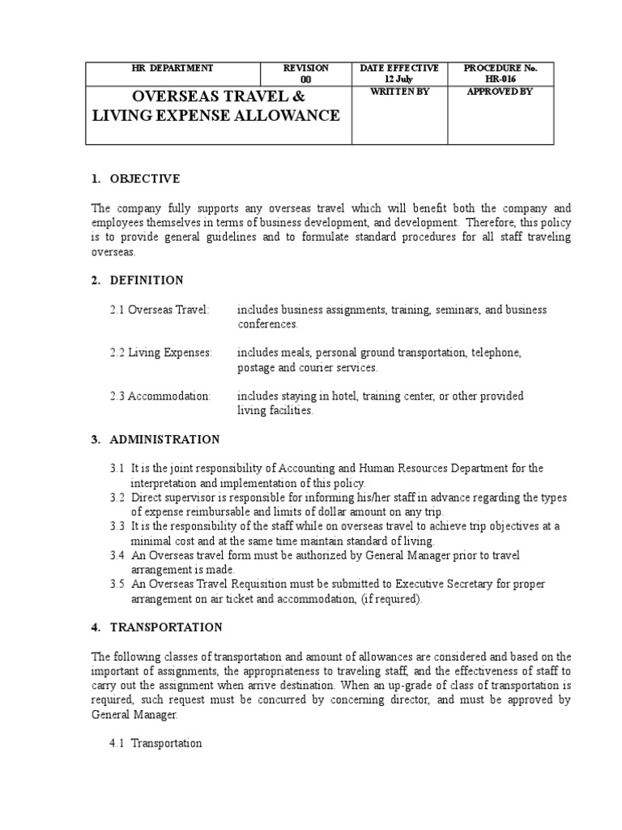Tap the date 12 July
(x=399, y=80)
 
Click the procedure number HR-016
(x=500, y=80)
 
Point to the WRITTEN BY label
(x=399, y=92)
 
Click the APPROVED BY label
(x=500, y=92)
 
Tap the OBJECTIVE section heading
(x=144, y=178)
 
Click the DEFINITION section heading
(x=146, y=280)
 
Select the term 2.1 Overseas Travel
(x=160, y=310)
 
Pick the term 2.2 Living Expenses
(x=161, y=353)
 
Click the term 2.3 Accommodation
(x=160, y=396)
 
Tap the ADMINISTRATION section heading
(x=164, y=439)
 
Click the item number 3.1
(x=117, y=468)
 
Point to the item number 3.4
(x=117, y=555)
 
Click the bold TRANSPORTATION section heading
(x=165, y=627)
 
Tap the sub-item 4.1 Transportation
(x=155, y=743)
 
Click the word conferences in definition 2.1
(x=268, y=324)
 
